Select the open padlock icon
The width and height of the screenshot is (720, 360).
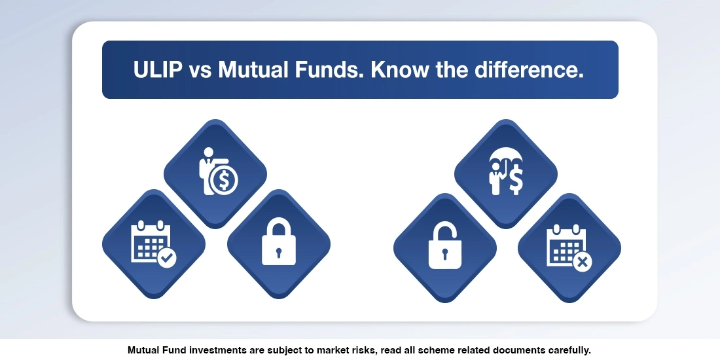pos(444,245)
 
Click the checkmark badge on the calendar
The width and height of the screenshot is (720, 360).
pos(167,259)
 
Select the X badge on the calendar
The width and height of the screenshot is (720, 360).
pos(581,262)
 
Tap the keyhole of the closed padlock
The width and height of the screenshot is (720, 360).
pos(279,252)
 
